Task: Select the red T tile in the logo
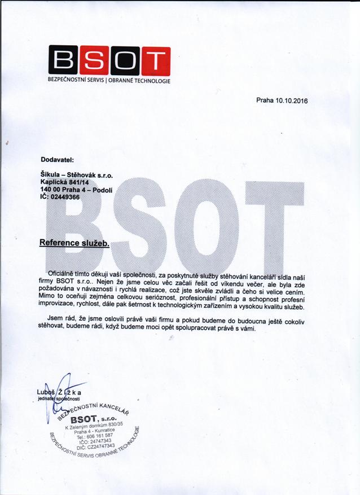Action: point(155,60)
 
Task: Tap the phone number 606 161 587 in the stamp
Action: point(101,435)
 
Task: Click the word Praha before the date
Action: point(264,101)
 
